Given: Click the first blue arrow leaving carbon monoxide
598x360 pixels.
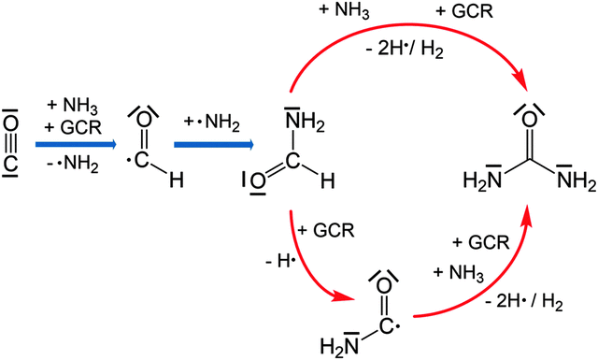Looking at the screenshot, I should point(75,145).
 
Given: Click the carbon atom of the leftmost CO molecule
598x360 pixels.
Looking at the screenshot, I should point(9,165).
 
